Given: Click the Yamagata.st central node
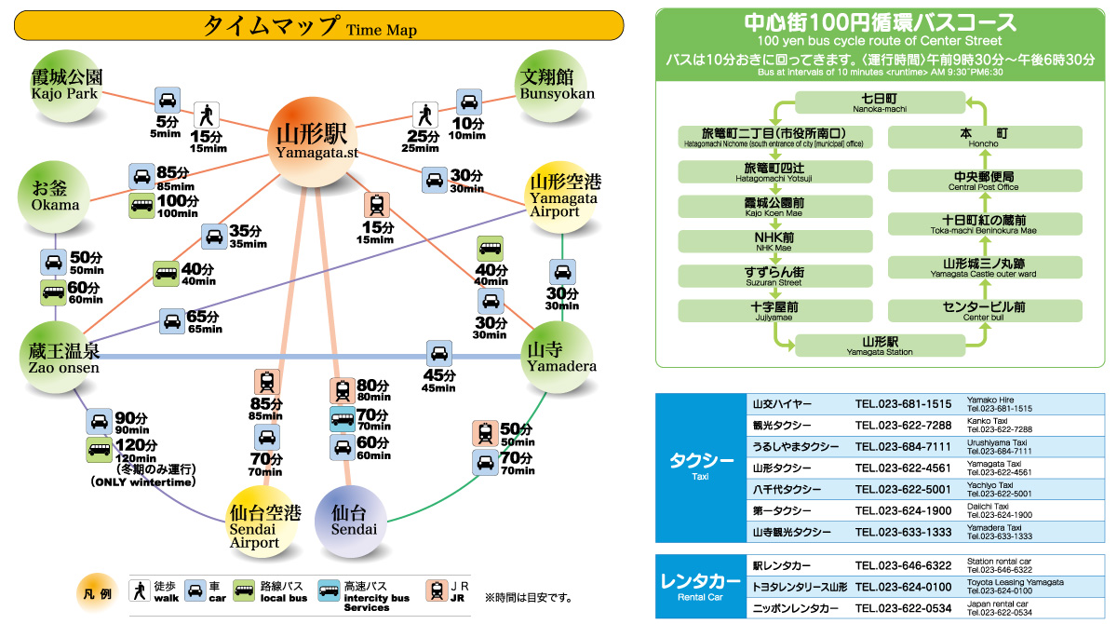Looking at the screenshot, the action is [x=313, y=142].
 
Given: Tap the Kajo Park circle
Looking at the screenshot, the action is [x=66, y=86].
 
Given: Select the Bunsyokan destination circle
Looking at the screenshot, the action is [x=550, y=86].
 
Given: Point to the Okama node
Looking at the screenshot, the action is [x=54, y=197].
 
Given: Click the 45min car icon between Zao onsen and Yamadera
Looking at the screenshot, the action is [x=439, y=354].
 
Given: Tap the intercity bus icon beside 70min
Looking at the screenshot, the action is [x=343, y=419].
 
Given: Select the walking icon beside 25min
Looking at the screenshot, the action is [x=424, y=115].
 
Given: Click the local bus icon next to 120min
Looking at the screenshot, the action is [x=99, y=450].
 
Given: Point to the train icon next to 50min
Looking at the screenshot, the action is [x=485, y=433].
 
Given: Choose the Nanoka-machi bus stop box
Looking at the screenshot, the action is [x=880, y=102].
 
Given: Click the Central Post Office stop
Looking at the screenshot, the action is [x=985, y=181].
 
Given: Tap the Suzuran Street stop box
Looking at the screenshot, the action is [x=774, y=276].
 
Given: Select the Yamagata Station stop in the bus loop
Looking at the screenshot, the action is [x=880, y=346].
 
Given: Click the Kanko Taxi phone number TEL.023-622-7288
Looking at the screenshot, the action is [x=903, y=425].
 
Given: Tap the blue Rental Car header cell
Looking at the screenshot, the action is [x=701, y=587].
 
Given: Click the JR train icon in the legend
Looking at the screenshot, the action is [x=437, y=591].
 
